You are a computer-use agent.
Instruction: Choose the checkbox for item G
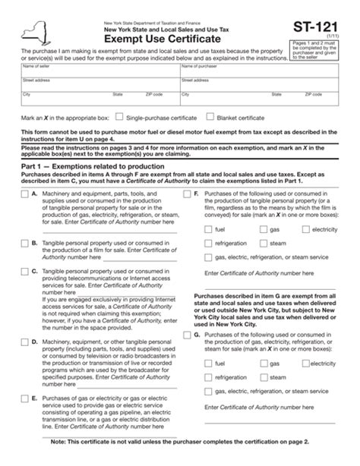(188, 335)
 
